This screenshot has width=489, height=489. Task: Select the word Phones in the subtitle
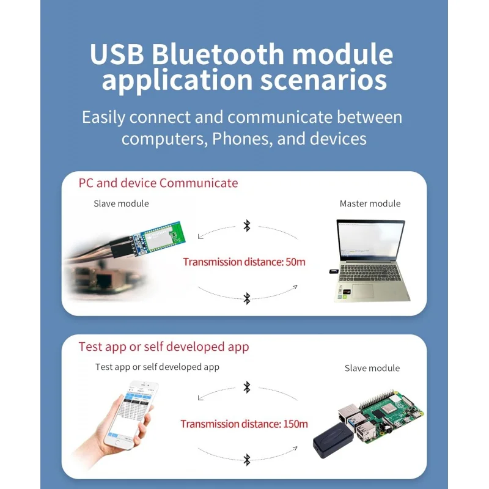click(x=240, y=139)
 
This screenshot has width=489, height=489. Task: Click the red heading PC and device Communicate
click(x=158, y=183)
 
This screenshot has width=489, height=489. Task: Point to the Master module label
click(x=370, y=204)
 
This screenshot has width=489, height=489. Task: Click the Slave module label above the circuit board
click(x=121, y=204)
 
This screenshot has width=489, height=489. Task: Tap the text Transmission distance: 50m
click(x=244, y=262)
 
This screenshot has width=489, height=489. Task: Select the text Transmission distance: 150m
click(x=244, y=424)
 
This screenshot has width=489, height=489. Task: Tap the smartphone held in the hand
click(x=130, y=413)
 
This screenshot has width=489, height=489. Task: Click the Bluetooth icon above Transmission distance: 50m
click(x=247, y=226)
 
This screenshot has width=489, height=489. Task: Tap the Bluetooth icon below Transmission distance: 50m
click(x=247, y=298)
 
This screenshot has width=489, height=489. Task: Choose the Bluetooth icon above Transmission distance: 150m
click(x=247, y=387)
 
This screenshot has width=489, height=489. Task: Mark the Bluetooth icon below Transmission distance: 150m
click(x=247, y=460)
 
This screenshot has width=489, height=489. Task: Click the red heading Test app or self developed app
click(x=164, y=347)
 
